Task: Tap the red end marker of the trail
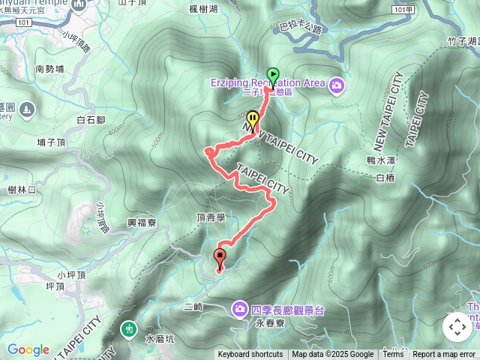220,258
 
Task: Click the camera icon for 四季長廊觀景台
239,307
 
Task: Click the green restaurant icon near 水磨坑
129,328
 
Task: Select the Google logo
28,349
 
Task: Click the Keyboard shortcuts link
250,355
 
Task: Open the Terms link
393,355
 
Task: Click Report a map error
445,355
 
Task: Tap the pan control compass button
457,327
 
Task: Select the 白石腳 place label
91,119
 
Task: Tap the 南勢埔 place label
49,69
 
